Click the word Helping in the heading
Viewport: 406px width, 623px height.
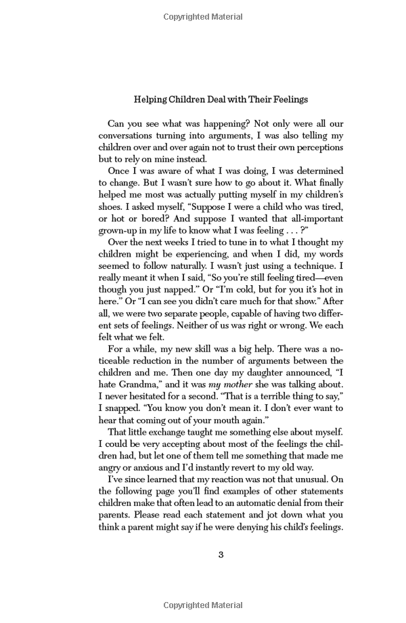click(x=150, y=100)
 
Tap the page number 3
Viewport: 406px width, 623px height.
click(x=221, y=555)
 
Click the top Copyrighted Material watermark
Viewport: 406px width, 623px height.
click(x=203, y=17)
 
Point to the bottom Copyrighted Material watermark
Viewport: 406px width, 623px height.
click(x=203, y=605)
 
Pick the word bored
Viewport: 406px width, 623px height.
click(x=151, y=219)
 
